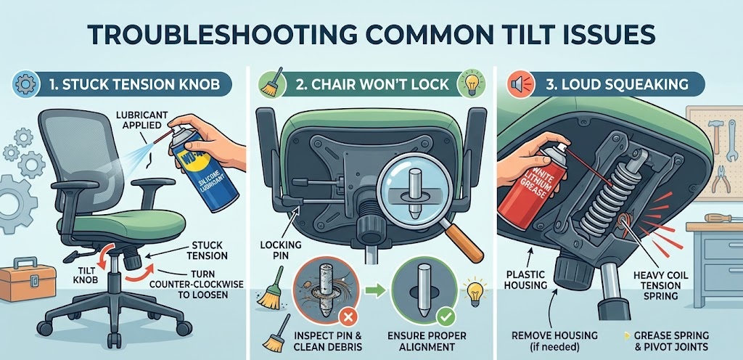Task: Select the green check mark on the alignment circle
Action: coord(443,316)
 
